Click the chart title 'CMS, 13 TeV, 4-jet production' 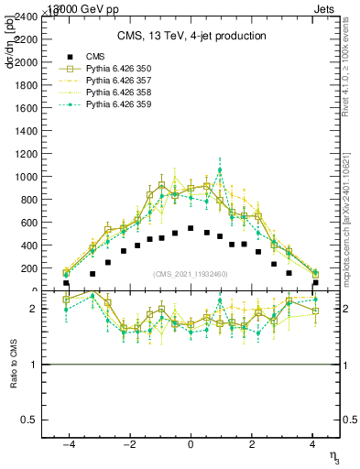click(191, 36)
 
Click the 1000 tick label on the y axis click(26, 177)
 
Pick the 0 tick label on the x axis click(191, 444)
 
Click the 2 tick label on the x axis click(251, 444)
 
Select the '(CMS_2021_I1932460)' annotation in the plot click(190, 275)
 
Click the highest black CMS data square click(191, 228)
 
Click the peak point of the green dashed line click(220, 169)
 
